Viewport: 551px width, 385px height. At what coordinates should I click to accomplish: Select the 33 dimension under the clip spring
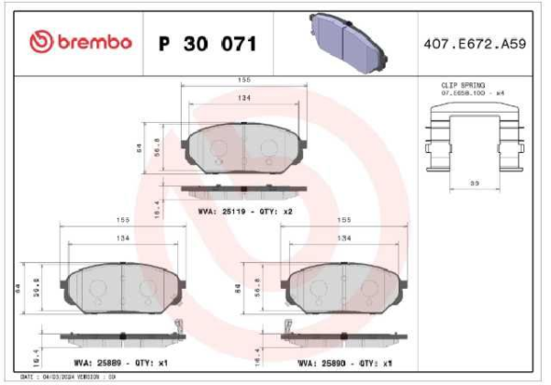pyautogui.click(x=474, y=183)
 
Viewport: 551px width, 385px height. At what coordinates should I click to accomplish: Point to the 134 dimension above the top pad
pyautogui.click(x=243, y=98)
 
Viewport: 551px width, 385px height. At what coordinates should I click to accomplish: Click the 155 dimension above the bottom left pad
pyautogui.click(x=121, y=221)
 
